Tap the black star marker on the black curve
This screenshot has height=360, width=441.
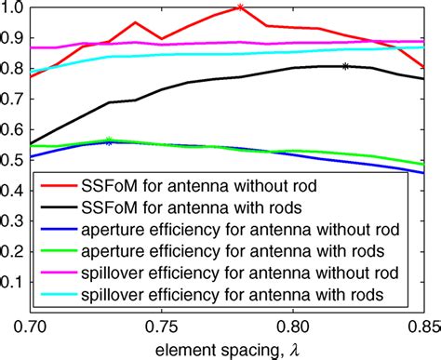[x=345, y=66]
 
